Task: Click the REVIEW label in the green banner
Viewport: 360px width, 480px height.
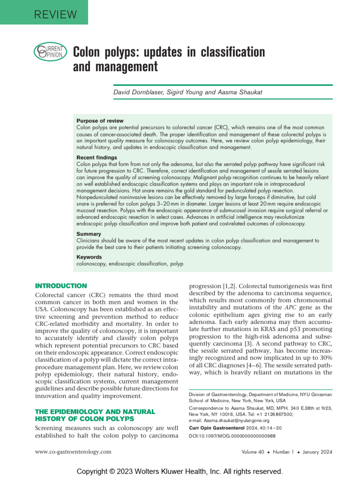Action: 55,14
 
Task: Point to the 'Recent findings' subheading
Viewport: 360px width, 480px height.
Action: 97,158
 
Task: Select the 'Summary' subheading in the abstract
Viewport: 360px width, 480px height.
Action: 89,234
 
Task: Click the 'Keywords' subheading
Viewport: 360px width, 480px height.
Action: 89,257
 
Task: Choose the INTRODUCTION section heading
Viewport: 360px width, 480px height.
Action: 61,286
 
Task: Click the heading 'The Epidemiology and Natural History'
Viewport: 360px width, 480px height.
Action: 95,415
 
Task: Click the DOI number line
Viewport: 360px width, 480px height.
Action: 232,436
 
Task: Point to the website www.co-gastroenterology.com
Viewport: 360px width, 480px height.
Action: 74,452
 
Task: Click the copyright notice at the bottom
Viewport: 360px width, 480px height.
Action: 180,471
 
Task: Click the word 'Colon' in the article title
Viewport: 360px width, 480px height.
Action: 89,52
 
